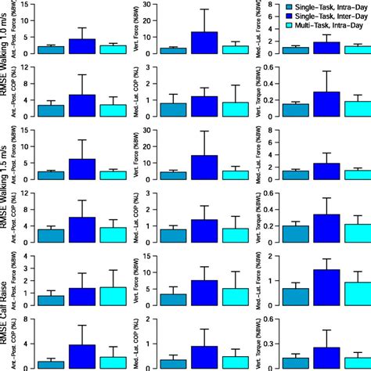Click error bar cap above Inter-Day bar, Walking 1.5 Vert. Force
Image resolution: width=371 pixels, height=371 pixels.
click(204, 131)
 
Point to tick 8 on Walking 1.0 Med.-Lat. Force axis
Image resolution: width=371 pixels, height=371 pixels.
click(278, 5)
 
